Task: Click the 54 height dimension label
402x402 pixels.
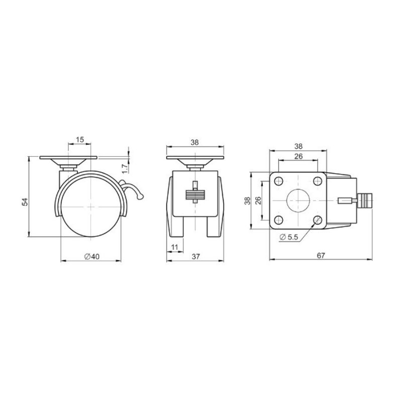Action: [25, 202]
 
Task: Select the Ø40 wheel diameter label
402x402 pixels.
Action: [92, 256]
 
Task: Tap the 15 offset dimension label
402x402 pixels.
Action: [80, 140]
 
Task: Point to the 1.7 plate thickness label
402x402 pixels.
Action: [125, 169]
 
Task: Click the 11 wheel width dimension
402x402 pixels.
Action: [174, 247]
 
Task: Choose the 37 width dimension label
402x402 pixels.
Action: [195, 256]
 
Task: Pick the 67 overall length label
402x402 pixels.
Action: [321, 256]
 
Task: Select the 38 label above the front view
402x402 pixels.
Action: [194, 142]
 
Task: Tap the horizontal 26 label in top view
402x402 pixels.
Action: [298, 156]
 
